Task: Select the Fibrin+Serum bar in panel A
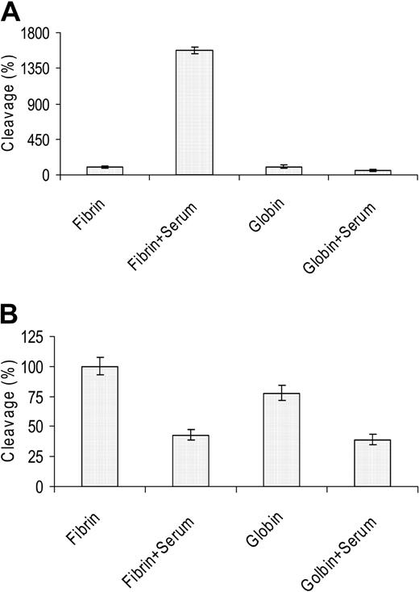click(194, 112)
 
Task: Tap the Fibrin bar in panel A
click(105, 170)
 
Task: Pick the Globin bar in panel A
click(283, 170)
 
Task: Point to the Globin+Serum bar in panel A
click(372, 172)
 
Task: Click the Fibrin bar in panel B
click(100, 427)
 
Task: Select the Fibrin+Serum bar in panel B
click(190, 461)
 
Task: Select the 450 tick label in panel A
click(39, 140)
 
